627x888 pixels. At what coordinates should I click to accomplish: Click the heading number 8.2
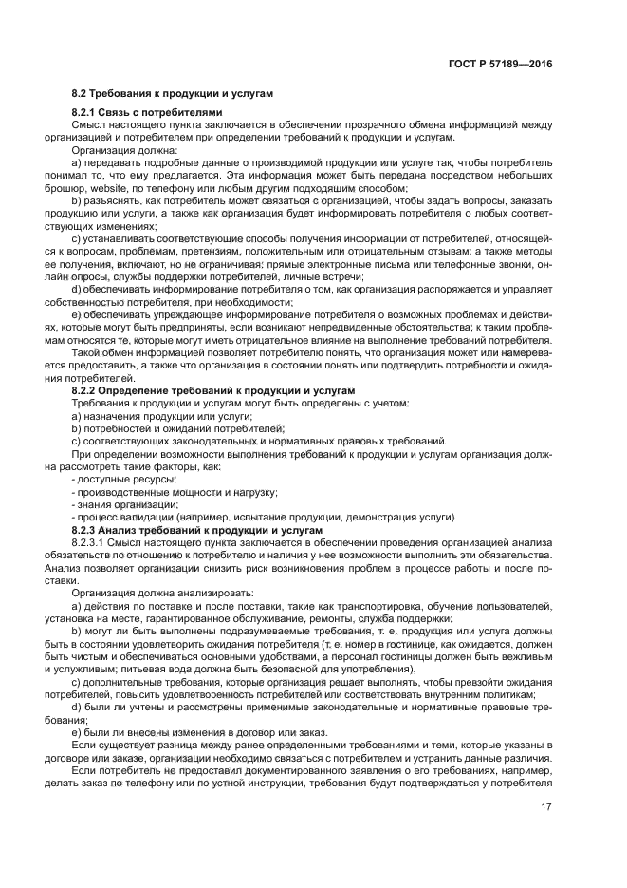pos(80,94)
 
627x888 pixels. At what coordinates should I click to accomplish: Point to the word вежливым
pos(522,655)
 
